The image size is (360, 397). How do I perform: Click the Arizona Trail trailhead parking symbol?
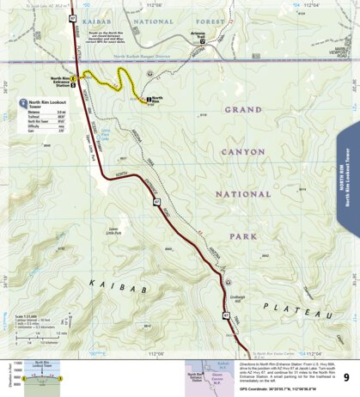click(202, 40)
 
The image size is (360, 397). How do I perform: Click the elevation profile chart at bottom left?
click(39, 376)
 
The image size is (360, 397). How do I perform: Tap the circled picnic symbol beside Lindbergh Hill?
click(229, 283)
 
